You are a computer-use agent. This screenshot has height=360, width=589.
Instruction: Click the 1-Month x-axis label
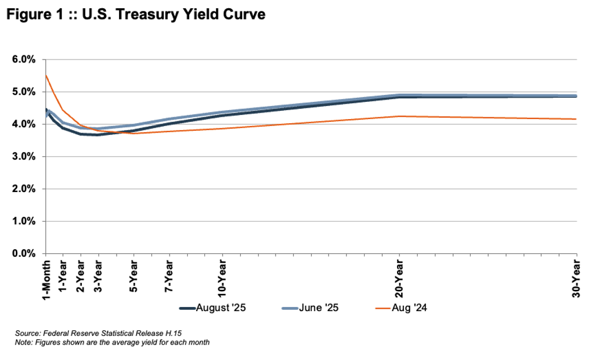[46, 277]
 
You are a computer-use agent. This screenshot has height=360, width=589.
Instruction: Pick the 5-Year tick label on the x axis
[134, 272]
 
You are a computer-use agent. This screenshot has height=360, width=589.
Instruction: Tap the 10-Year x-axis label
[223, 275]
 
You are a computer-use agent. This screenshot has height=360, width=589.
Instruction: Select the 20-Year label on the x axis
[399, 275]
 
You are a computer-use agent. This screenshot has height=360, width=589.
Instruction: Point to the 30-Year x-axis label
[576, 275]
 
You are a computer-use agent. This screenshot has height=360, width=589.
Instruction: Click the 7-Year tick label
[170, 272]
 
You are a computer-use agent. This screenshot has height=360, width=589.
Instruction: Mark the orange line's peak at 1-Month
[46, 75]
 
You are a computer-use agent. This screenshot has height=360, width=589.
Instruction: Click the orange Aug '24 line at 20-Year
[399, 116]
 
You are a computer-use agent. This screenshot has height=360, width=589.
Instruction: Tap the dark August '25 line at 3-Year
[99, 135]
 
